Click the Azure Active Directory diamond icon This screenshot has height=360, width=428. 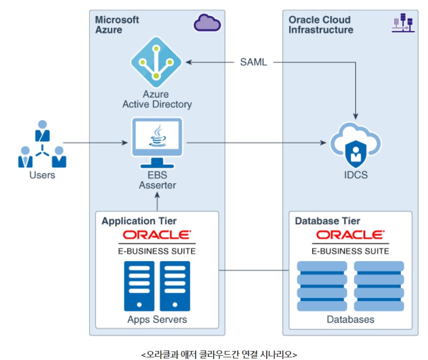click(156, 62)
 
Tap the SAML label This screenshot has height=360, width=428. click(254, 63)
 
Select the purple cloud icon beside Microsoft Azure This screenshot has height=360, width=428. click(207, 23)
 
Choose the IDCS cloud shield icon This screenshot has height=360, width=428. click(355, 143)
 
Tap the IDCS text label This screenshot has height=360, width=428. click(355, 175)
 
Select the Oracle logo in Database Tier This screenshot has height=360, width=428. click(350, 235)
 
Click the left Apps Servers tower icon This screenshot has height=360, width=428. click(139, 286)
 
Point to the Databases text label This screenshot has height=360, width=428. click(350, 320)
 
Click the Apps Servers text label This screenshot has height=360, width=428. click(157, 320)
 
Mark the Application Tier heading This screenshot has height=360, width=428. click(139, 221)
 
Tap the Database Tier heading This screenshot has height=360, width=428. click(327, 221)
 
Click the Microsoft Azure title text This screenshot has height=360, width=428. click(117, 24)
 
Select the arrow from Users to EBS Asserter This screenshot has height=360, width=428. click(95, 143)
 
